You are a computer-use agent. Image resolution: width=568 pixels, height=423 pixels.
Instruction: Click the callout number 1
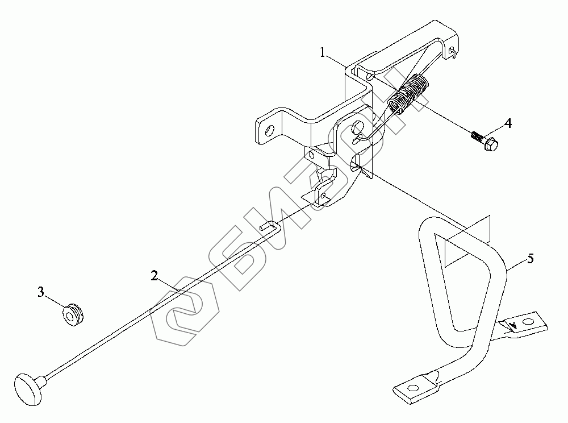coord(323,53)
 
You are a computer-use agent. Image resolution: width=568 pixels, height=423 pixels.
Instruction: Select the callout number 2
coord(154,276)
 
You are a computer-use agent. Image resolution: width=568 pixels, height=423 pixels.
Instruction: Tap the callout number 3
coord(41,292)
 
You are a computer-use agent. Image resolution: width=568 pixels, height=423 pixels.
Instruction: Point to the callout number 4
coord(507,123)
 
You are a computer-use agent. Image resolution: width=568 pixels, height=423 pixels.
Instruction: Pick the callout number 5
coord(530,259)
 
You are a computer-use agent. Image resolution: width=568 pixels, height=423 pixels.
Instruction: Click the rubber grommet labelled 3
coord(73,313)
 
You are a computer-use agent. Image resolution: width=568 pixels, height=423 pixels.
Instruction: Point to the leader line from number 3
coord(55,301)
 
